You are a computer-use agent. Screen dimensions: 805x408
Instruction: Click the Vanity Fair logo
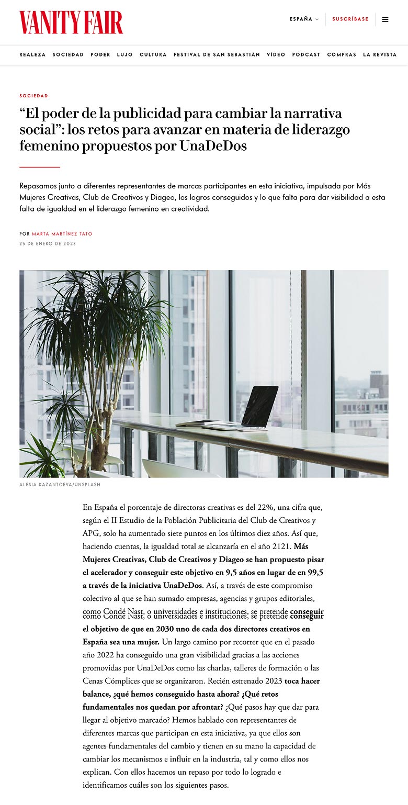(71, 23)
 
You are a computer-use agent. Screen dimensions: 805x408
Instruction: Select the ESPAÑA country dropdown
(303, 19)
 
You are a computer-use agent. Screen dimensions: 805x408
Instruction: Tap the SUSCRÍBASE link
(350, 19)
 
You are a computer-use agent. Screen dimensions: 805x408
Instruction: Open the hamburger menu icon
(386, 19)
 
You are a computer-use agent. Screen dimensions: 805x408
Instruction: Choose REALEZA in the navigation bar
(32, 55)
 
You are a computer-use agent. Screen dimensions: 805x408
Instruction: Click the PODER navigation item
(100, 55)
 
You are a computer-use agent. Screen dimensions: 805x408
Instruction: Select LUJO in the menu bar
(125, 55)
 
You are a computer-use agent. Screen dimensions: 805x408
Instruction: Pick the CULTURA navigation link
(153, 55)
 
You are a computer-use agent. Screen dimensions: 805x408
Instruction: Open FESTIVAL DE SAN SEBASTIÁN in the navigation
(217, 55)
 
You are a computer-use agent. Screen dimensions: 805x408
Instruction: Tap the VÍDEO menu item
(276, 55)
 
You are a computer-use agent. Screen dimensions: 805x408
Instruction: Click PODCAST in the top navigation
(306, 55)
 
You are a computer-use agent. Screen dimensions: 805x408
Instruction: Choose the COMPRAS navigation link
(342, 55)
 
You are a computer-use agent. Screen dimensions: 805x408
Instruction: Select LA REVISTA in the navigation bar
(380, 55)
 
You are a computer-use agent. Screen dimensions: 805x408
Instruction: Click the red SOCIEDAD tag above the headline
(33, 96)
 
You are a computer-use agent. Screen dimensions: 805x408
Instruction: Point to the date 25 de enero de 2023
(48, 244)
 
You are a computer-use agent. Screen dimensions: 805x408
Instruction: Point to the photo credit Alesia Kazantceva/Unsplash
(60, 485)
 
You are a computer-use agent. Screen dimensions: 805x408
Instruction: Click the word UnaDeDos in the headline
(213, 146)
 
